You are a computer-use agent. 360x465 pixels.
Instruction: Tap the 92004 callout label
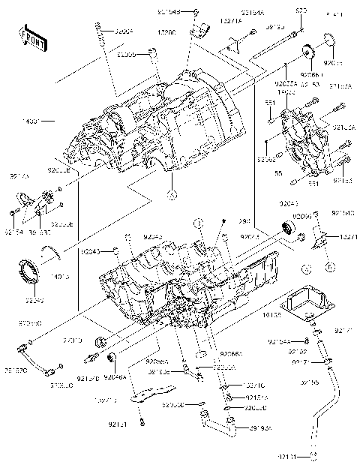coord(124,32)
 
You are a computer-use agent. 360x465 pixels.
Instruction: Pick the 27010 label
coord(73,340)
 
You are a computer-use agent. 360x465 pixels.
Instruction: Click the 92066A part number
coord(231,353)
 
